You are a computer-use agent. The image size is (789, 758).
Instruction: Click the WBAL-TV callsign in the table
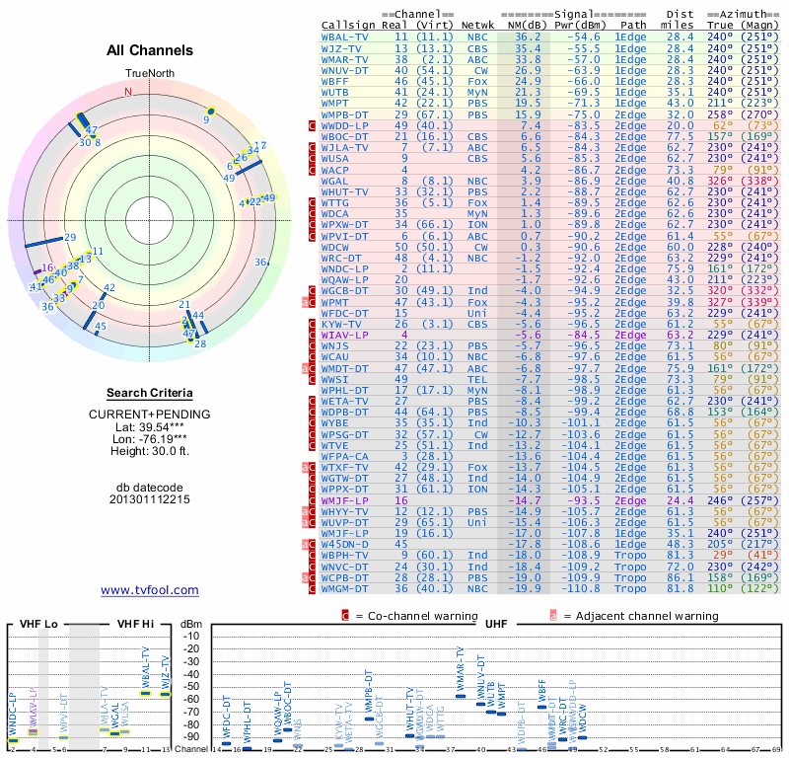click(345, 36)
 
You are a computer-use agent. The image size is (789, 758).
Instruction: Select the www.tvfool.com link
click(149, 590)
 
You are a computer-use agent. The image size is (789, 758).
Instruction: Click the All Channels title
click(149, 50)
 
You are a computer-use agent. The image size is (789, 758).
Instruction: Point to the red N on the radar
click(127, 92)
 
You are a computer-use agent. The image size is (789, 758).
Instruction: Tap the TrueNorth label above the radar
click(149, 74)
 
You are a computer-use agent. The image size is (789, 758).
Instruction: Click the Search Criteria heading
click(149, 393)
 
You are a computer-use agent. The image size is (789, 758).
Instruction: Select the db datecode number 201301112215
click(149, 499)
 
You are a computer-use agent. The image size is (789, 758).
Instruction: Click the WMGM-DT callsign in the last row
click(345, 589)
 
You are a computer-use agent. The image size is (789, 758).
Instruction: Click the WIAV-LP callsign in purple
click(345, 335)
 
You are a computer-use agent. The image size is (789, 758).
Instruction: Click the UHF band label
click(498, 624)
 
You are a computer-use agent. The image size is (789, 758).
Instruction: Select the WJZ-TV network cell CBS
click(477, 47)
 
